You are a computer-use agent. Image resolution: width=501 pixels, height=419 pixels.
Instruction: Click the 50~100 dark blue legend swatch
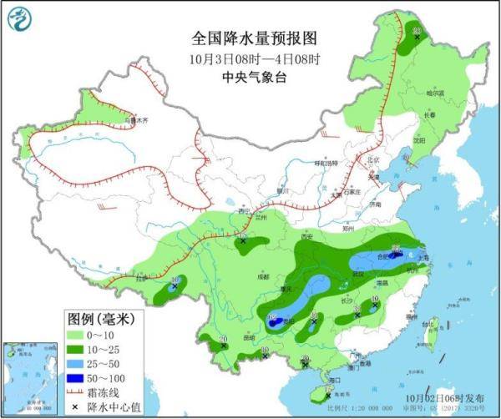tap(78, 377)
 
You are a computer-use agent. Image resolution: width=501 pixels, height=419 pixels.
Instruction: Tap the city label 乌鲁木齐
tap(135, 120)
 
